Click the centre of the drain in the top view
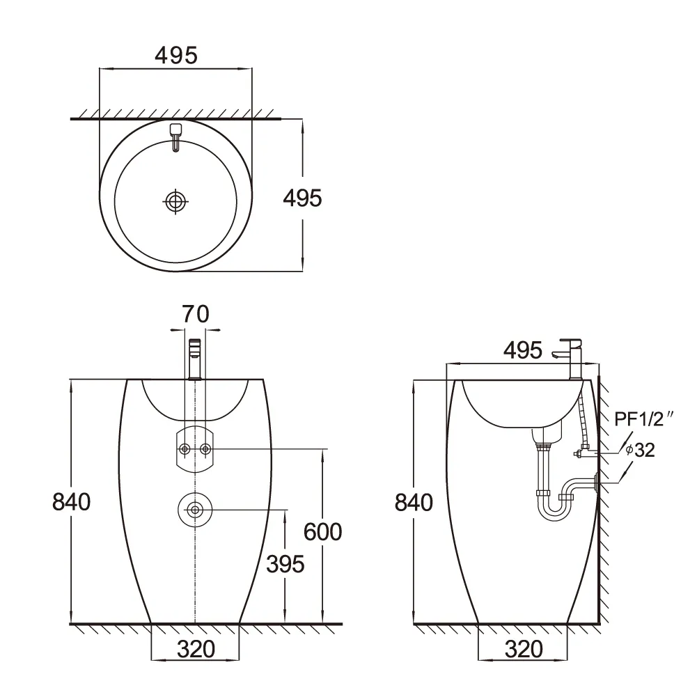(176, 201)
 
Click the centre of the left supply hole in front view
(185, 449)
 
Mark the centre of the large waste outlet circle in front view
(195, 510)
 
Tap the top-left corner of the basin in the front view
(127, 379)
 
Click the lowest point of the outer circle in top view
(176, 271)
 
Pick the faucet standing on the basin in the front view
(195, 359)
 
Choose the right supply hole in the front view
(205, 449)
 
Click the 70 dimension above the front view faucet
(196, 314)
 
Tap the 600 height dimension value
(322, 531)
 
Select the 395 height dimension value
(285, 564)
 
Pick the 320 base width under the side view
(524, 650)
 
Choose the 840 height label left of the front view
(72, 502)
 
